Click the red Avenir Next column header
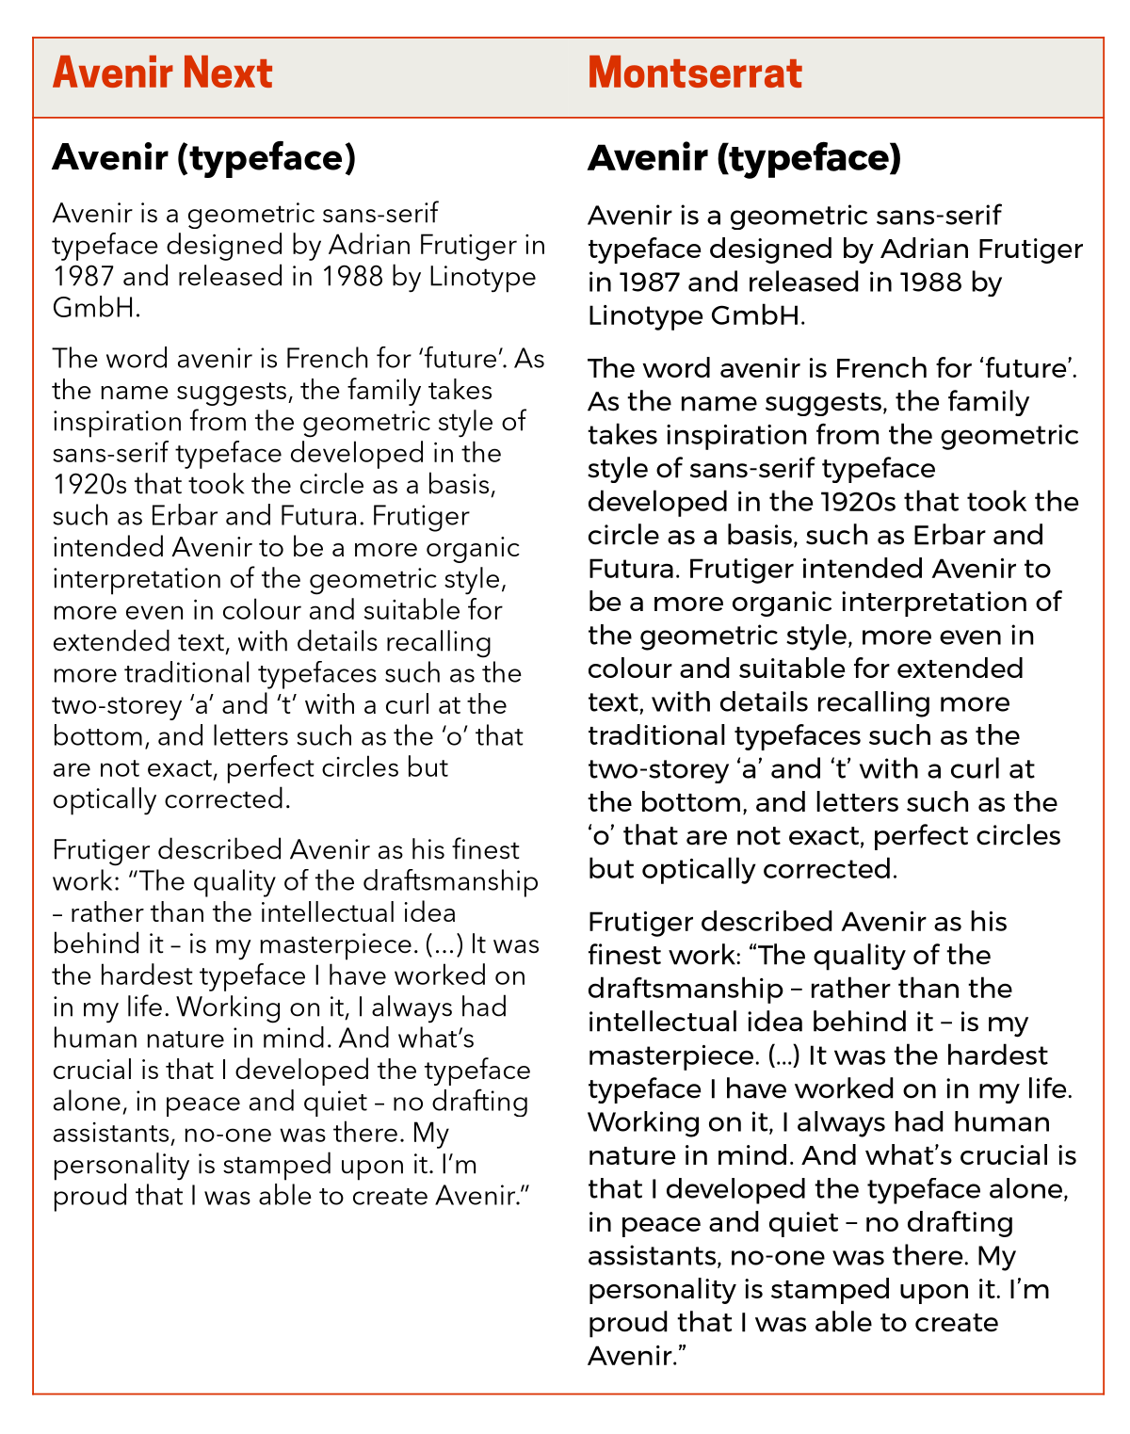[162, 73]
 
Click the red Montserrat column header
[694, 73]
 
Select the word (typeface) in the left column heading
[272, 158]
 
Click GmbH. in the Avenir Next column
[96, 308]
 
